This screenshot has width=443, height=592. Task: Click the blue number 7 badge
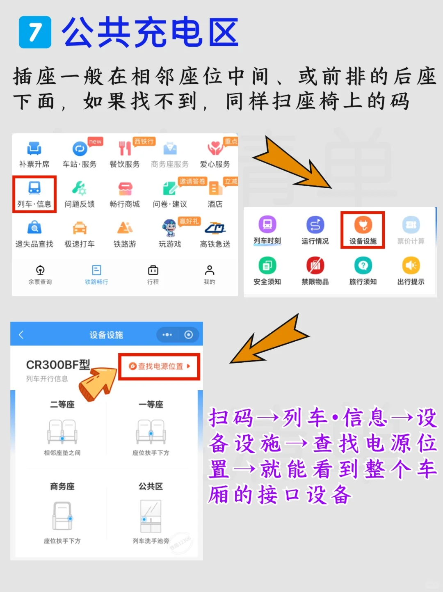point(35,32)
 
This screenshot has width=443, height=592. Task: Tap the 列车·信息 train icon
point(34,188)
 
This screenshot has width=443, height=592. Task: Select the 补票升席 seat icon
point(34,149)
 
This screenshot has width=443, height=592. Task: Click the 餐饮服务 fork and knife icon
point(125,149)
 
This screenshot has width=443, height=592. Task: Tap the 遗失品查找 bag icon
point(34,227)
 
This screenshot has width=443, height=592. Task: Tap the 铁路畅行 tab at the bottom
point(96,274)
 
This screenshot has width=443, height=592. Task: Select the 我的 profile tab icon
point(209,270)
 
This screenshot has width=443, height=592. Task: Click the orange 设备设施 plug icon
point(363,225)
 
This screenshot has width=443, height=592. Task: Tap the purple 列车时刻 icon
point(267,224)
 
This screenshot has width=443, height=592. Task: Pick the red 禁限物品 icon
point(315,265)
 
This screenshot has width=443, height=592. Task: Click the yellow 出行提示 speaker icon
point(411,265)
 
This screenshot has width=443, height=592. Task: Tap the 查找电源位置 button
point(159,366)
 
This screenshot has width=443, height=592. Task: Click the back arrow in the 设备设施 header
point(21,335)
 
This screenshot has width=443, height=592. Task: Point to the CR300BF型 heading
point(58,365)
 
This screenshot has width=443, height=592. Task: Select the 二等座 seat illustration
point(62,432)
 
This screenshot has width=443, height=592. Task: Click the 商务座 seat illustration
point(63,516)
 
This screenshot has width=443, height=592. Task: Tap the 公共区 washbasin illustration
point(151,516)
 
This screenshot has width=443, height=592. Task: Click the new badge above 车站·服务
point(95,141)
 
